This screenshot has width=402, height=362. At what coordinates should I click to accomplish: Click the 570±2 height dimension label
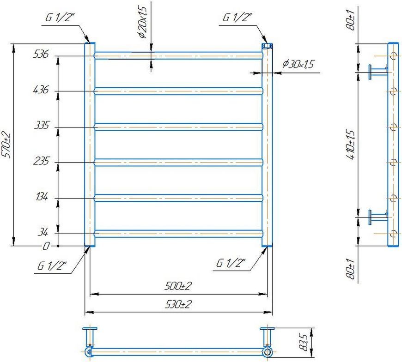pos(6,145)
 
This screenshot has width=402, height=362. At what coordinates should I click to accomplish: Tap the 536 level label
pos(41,54)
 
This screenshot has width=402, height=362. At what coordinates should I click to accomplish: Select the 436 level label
pos(41,90)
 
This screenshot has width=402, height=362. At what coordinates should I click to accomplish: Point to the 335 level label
pos(41,126)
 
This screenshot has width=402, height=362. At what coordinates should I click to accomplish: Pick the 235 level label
pos(41,161)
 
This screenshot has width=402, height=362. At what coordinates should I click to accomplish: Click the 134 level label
pos(42,197)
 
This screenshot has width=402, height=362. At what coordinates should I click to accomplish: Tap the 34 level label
pos(43,232)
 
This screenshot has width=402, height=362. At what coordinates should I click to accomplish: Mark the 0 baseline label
pos(46,246)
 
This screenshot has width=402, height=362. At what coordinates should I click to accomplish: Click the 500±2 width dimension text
pos(178,286)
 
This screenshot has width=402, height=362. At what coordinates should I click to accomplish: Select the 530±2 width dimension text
pos(178,304)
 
